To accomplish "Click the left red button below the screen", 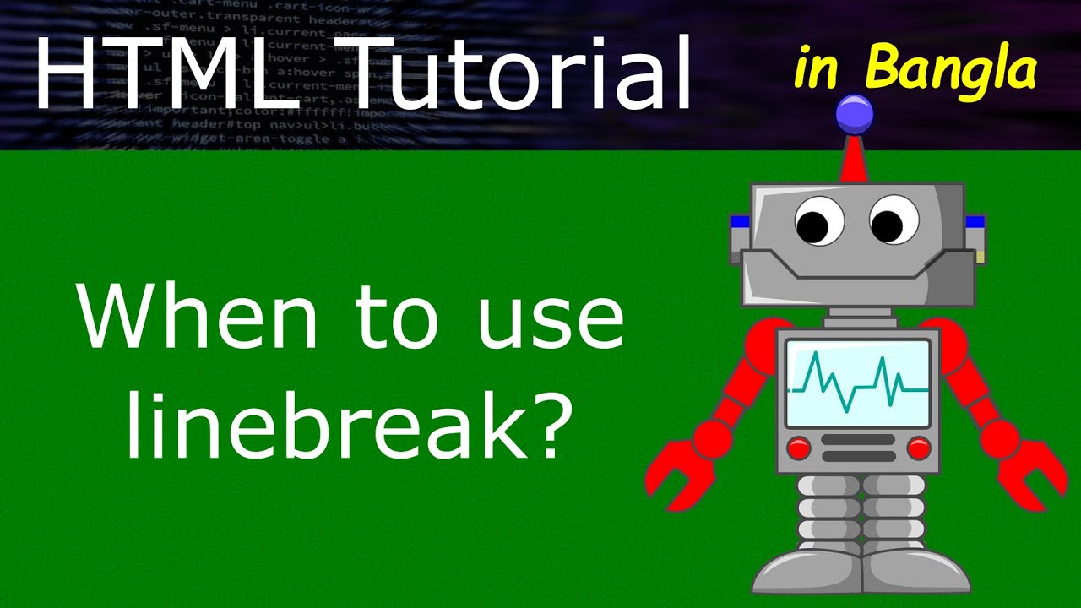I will pos(798,448).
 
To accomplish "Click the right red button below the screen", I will pos(918,448).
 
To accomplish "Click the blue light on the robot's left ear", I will pos(741,223).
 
